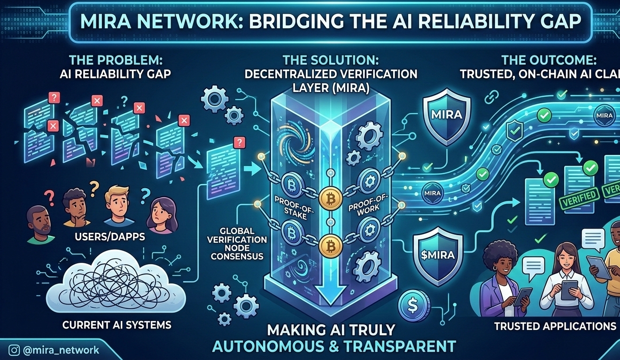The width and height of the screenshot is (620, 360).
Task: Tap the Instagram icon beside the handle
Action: click(x=15, y=350)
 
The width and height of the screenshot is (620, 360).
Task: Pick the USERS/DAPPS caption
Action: click(x=110, y=237)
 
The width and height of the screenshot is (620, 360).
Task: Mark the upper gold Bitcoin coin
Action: click(x=329, y=199)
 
